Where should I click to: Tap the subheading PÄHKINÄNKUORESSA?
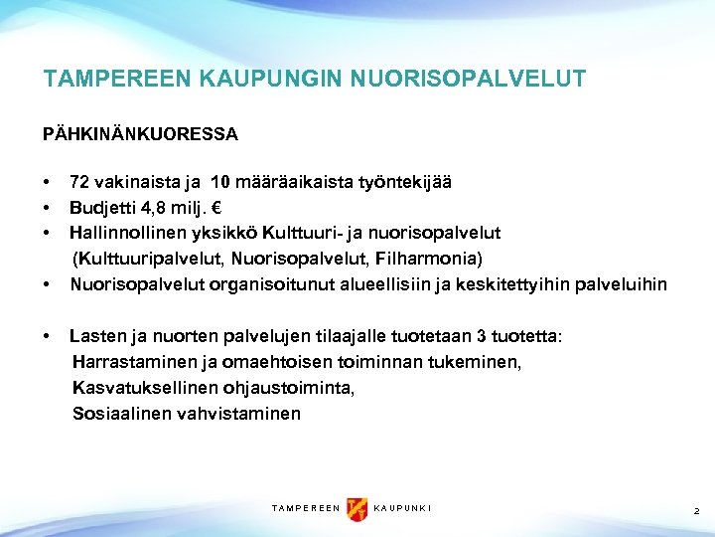tap(140, 132)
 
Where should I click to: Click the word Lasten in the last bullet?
tap(93, 337)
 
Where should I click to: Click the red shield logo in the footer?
tap(357, 509)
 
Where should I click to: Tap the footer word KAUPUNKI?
tap(402, 509)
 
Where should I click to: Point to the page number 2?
tap(696, 510)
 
